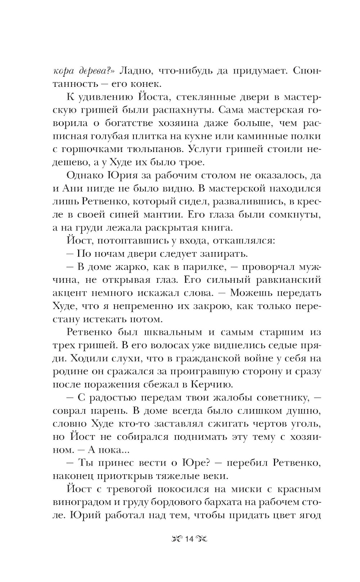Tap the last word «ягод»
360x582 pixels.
click(309, 515)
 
